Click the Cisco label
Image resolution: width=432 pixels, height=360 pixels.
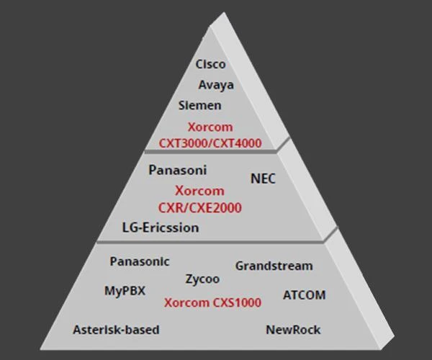(x=210, y=64)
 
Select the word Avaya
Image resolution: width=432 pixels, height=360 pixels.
(x=216, y=85)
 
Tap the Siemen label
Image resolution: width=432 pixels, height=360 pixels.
(x=199, y=105)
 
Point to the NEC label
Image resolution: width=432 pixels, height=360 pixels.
(x=263, y=178)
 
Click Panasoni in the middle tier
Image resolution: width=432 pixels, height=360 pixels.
(x=177, y=171)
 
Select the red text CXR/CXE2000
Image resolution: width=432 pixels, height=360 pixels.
(x=200, y=207)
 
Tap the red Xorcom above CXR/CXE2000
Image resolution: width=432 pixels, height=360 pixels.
(x=199, y=191)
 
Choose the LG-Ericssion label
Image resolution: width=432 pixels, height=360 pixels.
(x=160, y=228)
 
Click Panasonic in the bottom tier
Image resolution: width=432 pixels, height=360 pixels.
(x=140, y=261)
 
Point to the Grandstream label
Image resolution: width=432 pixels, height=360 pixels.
(x=274, y=266)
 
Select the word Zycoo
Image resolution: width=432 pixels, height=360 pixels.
(x=202, y=279)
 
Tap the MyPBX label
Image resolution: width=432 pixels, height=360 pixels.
(x=125, y=291)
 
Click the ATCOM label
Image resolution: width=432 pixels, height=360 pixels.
(x=304, y=295)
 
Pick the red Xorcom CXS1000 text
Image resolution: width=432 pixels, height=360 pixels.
(x=212, y=302)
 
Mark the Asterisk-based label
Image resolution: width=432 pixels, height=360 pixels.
(x=116, y=330)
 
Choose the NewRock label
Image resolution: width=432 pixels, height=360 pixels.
(x=293, y=330)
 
